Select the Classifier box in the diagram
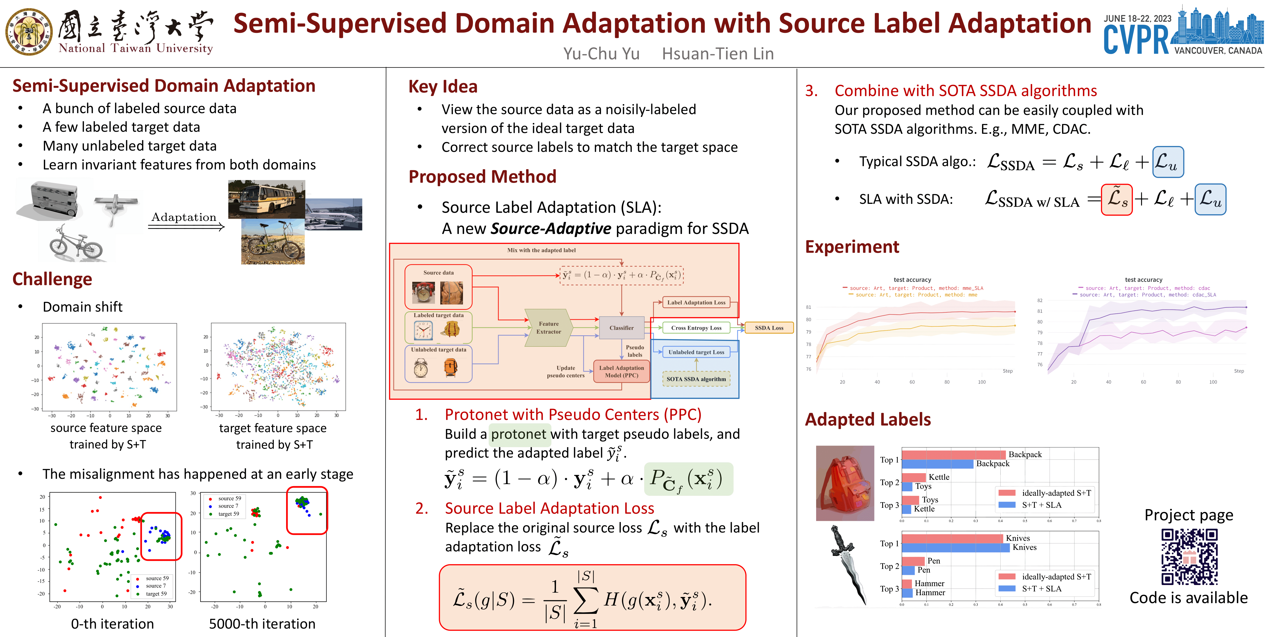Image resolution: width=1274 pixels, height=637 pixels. tap(621, 328)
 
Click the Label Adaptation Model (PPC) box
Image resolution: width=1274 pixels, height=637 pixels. tap(621, 371)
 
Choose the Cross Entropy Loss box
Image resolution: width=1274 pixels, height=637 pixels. tap(696, 328)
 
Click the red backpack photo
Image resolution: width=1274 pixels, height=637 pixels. tap(845, 483)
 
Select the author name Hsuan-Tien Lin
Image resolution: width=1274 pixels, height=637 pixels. tap(718, 54)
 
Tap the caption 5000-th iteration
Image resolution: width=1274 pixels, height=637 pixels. tap(262, 624)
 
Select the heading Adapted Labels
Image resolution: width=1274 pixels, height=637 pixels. tap(868, 419)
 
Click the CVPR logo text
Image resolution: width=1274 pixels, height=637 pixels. tap(1136, 39)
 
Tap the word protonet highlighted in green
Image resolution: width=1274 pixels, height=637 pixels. tap(518, 434)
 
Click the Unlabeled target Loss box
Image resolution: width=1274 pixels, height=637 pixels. tap(696, 352)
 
